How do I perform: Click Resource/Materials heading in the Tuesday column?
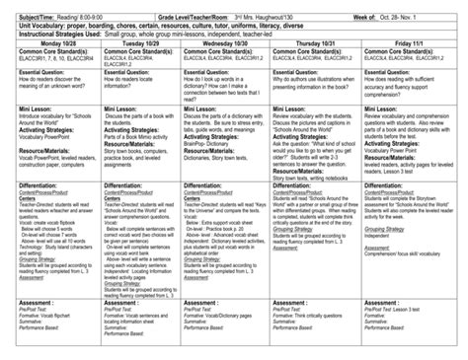tap(128, 143)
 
